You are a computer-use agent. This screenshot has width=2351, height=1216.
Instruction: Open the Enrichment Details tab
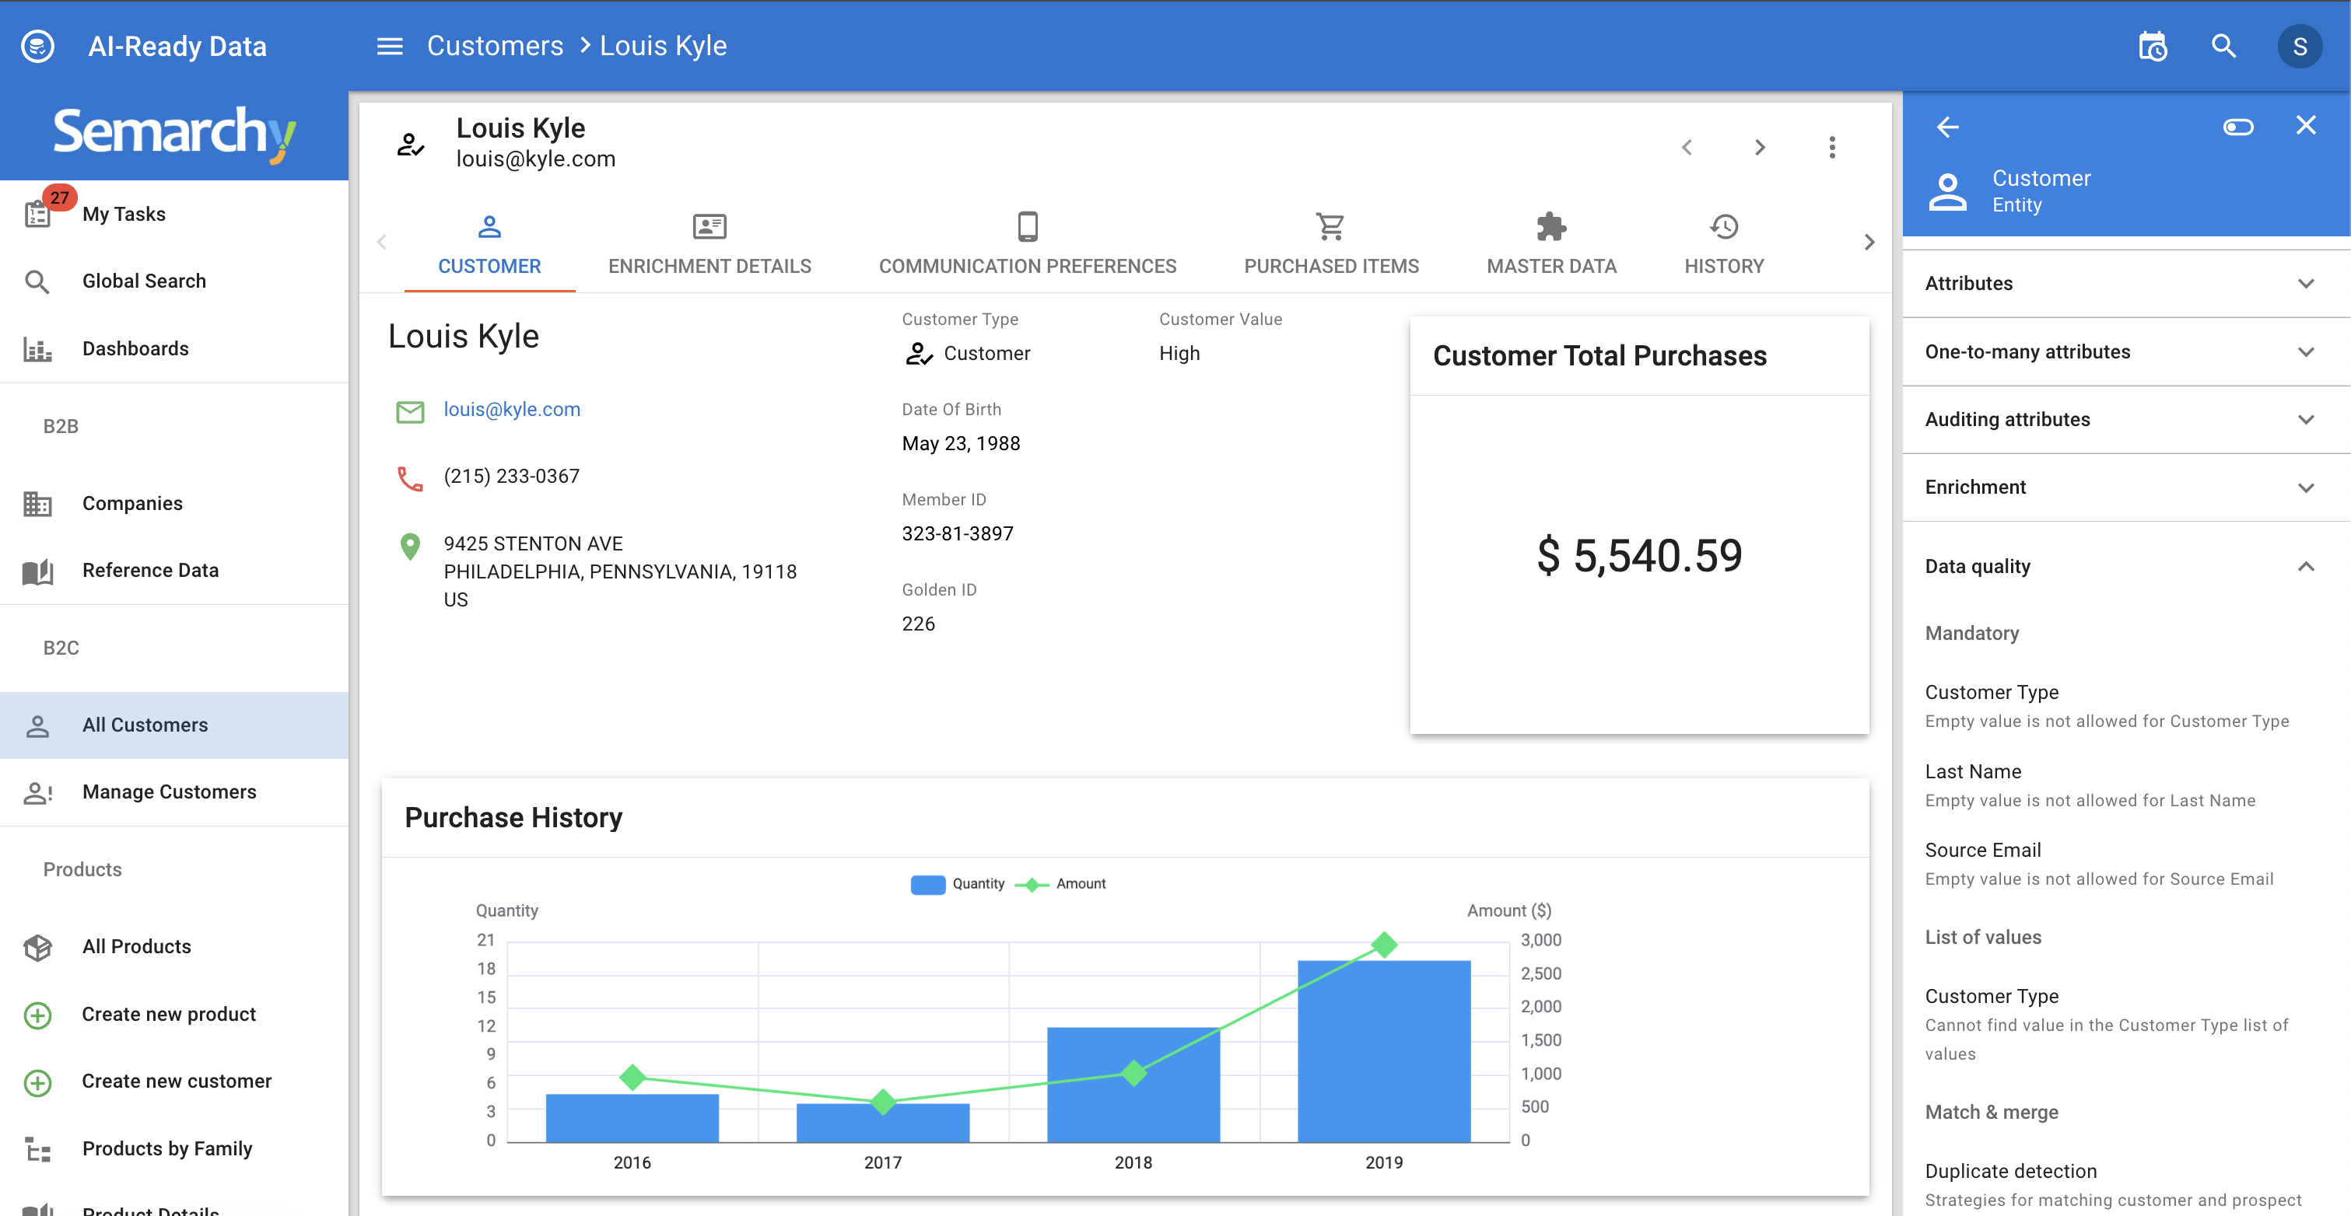tap(710, 244)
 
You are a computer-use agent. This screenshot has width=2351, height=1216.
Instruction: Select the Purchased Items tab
tap(1330, 244)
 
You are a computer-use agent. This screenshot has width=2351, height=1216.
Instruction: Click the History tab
tap(1723, 244)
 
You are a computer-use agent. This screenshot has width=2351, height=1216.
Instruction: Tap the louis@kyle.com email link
tap(511, 410)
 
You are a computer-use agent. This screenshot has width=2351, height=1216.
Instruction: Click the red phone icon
tap(410, 478)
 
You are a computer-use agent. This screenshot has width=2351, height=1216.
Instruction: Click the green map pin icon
tap(410, 547)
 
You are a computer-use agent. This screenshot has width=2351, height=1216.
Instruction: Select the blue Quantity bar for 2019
tap(1383, 1050)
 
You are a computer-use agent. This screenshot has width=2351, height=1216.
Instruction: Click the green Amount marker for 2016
tap(632, 1078)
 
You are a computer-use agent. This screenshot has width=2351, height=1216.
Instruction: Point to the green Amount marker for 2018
tap(1133, 1074)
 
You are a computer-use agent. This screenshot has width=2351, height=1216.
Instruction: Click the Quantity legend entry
tap(958, 884)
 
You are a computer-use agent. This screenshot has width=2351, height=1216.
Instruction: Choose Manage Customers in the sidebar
tap(169, 791)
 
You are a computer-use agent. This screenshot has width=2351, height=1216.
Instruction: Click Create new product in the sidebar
tap(169, 1015)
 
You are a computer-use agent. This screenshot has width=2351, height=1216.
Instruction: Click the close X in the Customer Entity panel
tap(2305, 126)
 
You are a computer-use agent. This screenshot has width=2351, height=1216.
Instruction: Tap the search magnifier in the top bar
tap(2223, 47)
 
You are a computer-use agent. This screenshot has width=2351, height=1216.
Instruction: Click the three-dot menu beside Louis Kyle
tap(1831, 148)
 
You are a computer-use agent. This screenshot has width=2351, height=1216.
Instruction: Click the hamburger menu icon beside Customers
tap(390, 47)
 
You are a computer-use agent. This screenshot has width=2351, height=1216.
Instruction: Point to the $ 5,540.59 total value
tap(1639, 556)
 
